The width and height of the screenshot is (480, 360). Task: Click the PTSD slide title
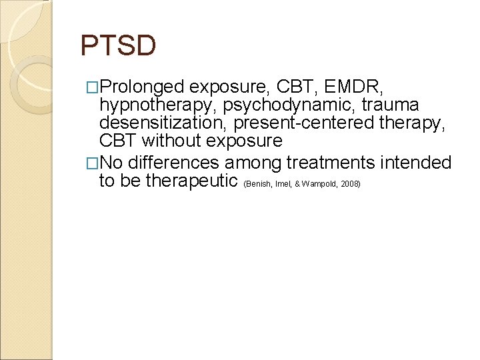point(118,46)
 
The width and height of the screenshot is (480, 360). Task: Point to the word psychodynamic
point(299,105)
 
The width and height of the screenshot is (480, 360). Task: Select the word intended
point(414,163)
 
